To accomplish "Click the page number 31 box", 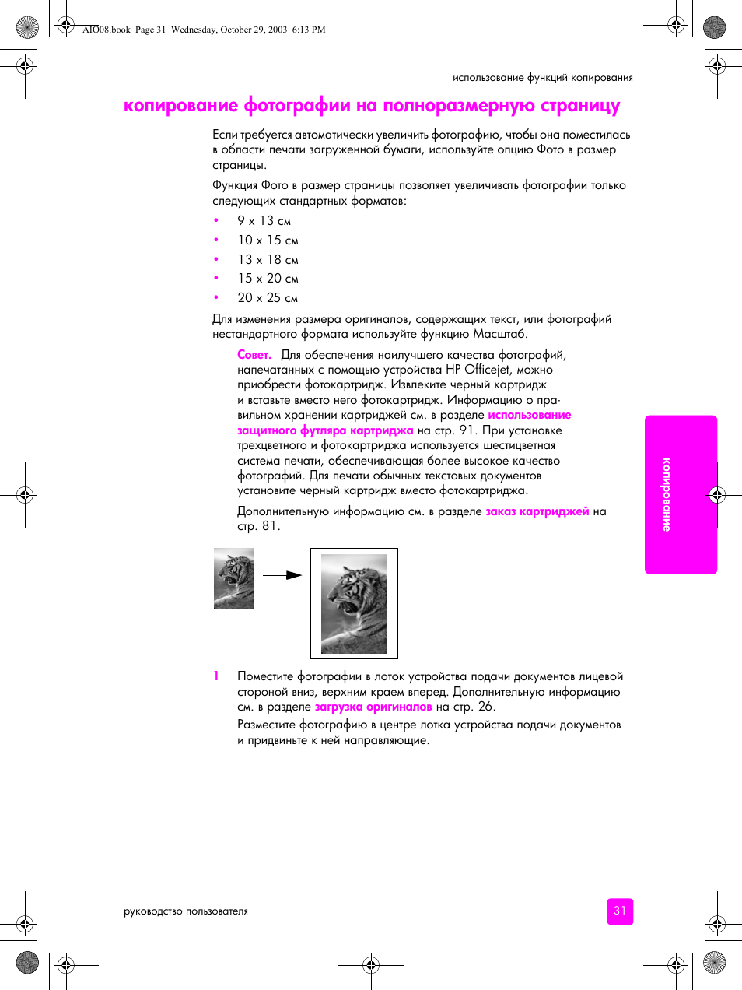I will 620,911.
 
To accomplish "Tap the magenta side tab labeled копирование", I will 681,495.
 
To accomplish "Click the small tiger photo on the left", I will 234,578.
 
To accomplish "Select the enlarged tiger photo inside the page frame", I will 354,604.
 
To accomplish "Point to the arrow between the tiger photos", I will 282,575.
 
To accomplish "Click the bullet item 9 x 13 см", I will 264,221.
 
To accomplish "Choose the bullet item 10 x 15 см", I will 268,240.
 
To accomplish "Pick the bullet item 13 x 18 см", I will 268,260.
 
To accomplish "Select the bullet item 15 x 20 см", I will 268,279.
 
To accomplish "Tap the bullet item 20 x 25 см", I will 268,298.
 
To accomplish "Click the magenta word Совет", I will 254,355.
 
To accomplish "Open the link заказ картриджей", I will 537,511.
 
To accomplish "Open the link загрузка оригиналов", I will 373,707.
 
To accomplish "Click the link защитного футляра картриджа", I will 325,430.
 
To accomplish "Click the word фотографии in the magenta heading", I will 296,106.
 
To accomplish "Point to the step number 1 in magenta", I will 216,676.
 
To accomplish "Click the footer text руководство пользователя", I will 186,911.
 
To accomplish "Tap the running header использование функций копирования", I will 542,78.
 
